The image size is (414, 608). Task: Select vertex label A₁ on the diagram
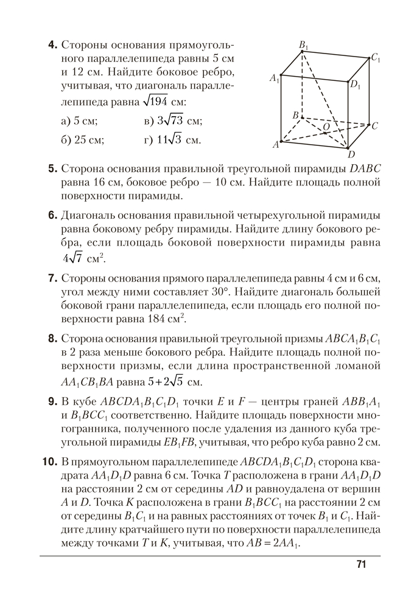click(275, 78)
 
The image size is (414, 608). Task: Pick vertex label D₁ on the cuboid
click(355, 86)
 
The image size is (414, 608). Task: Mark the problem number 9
click(52, 401)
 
